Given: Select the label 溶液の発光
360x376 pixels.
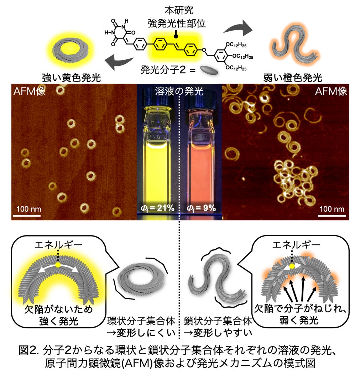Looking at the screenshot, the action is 179,92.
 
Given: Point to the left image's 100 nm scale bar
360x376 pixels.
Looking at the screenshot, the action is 28,215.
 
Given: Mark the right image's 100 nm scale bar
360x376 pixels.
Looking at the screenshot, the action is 332,215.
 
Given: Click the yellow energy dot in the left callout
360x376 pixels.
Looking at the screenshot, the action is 58,265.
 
